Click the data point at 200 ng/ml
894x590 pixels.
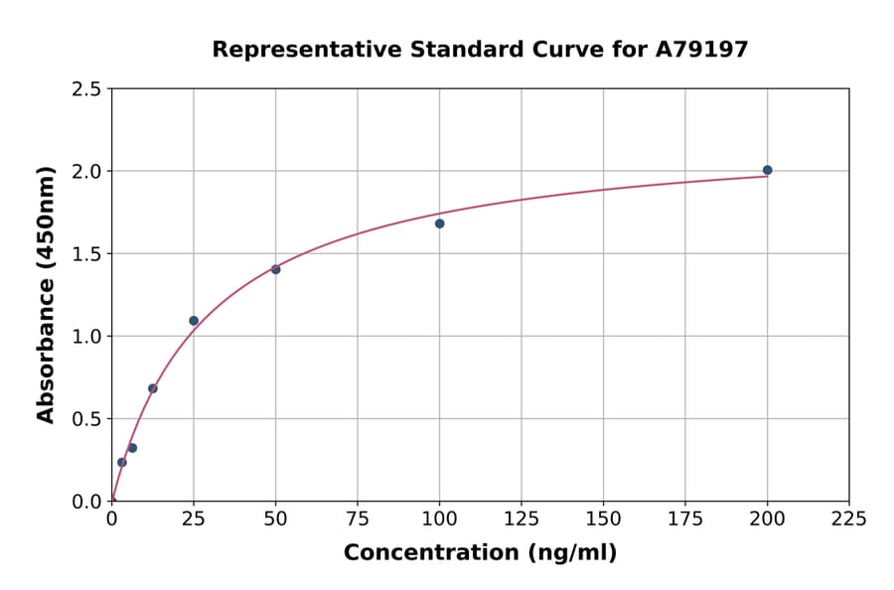(767, 170)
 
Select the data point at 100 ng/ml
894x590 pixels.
(439, 223)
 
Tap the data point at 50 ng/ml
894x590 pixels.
(275, 269)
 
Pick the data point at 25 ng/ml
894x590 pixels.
(194, 321)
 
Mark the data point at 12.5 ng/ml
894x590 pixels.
(152, 388)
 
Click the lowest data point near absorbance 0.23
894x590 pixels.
(122, 462)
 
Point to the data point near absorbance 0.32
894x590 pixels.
(132, 448)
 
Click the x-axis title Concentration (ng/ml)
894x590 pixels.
(480, 553)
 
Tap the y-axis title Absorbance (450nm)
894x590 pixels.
(46, 295)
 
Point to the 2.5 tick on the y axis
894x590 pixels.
(86, 89)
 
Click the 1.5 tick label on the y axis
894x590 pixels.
(86, 254)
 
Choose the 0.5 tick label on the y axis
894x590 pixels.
(86, 419)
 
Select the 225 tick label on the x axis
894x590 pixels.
(849, 519)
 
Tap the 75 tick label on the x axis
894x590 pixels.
(358, 519)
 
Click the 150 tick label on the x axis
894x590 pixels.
(603, 519)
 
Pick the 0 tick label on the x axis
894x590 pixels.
(111, 519)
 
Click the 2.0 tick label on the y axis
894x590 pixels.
(86, 172)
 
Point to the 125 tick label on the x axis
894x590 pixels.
(521, 519)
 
